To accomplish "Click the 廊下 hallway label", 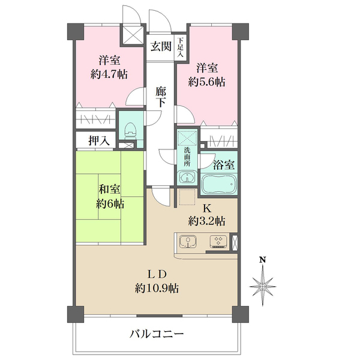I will point(160,97).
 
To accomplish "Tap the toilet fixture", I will point(128,129).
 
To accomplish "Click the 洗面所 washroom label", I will point(187,157).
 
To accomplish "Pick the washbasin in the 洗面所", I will point(187,178).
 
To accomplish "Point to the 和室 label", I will point(110,190).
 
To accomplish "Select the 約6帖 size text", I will point(110,204).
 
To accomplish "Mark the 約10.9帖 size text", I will point(157,288).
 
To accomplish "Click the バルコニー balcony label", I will point(157,334).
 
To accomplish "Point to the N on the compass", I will point(262,260).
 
